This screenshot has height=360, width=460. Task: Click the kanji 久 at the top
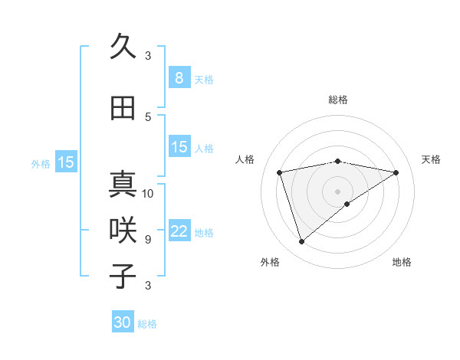click(123, 47)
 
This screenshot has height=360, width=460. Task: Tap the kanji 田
click(123, 108)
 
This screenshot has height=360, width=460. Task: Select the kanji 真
click(123, 185)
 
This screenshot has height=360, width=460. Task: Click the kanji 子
click(123, 277)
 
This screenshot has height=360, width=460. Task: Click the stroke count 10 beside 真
click(149, 193)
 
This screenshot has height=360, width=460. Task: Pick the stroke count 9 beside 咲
click(147, 239)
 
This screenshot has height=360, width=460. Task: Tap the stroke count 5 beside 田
click(147, 116)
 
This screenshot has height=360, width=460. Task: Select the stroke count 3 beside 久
click(147, 55)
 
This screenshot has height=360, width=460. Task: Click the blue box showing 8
click(179, 78)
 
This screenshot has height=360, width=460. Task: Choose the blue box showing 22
click(179, 232)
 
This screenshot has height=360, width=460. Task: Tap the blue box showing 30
click(122, 322)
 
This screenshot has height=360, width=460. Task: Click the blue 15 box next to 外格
click(65, 162)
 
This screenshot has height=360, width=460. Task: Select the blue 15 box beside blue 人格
click(179, 148)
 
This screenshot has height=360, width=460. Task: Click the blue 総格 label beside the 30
click(148, 324)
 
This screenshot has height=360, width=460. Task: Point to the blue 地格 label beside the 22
click(205, 233)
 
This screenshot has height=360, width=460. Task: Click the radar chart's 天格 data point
click(396, 172)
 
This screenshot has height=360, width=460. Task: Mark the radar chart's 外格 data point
click(301, 242)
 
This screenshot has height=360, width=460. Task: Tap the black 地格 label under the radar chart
click(402, 262)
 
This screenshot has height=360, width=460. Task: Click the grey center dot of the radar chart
click(337, 191)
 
